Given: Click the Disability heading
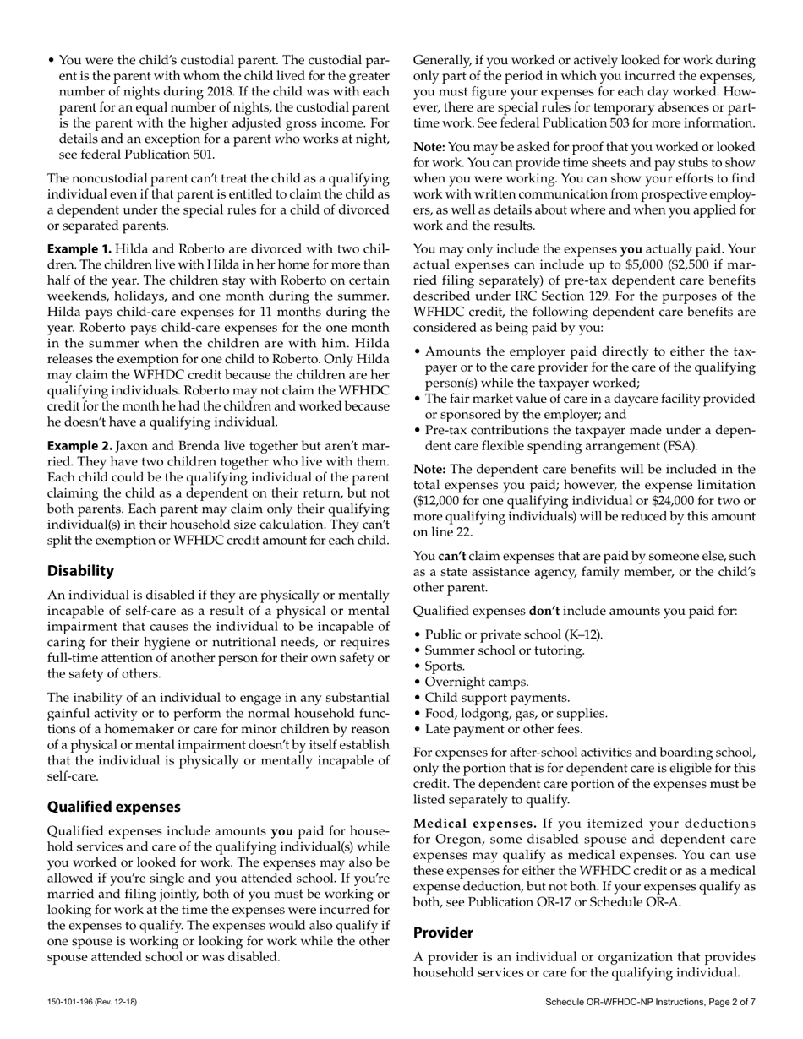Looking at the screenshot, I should [80, 571].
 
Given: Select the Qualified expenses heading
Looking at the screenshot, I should [113, 807].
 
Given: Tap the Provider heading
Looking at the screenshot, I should [443, 933].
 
